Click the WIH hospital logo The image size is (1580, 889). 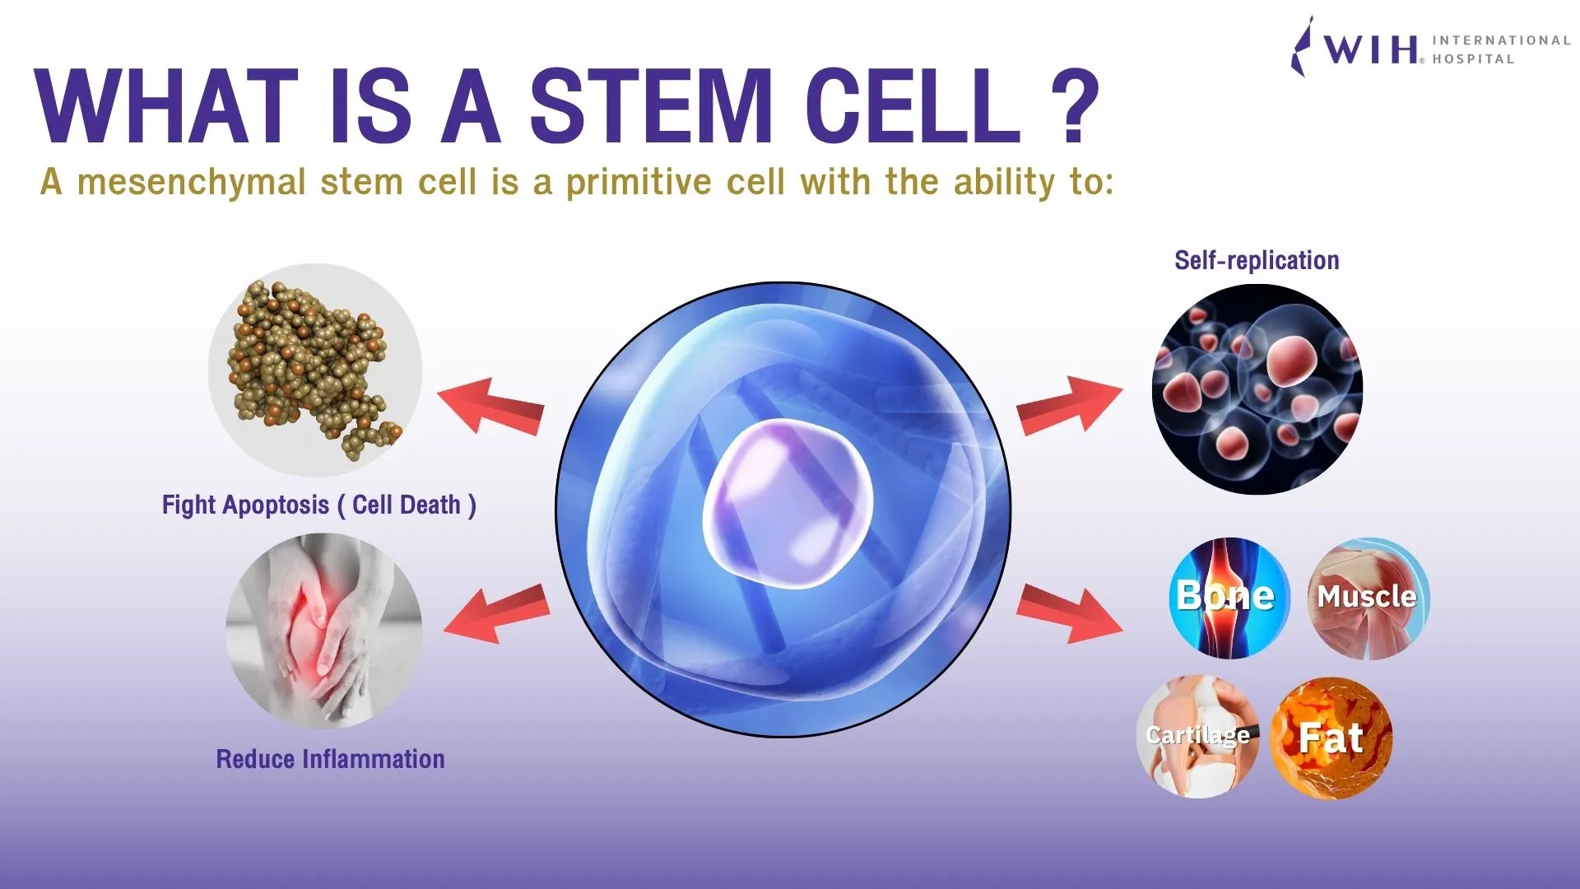[1430, 48]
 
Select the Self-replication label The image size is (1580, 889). [1257, 260]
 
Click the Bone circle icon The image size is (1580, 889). [1229, 598]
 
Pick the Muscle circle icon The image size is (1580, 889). [1369, 598]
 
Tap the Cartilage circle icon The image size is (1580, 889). [1199, 737]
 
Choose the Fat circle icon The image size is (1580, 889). [1331, 738]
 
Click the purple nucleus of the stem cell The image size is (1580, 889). [787, 503]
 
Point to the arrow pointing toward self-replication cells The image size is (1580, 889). [1070, 404]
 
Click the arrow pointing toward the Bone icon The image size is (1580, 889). [1070, 613]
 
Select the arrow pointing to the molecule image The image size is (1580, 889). [490, 407]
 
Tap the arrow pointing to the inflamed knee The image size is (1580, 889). [497, 614]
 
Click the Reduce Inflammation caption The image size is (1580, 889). [330, 759]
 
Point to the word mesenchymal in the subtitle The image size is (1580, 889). [192, 182]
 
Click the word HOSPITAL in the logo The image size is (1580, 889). [1473, 59]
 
